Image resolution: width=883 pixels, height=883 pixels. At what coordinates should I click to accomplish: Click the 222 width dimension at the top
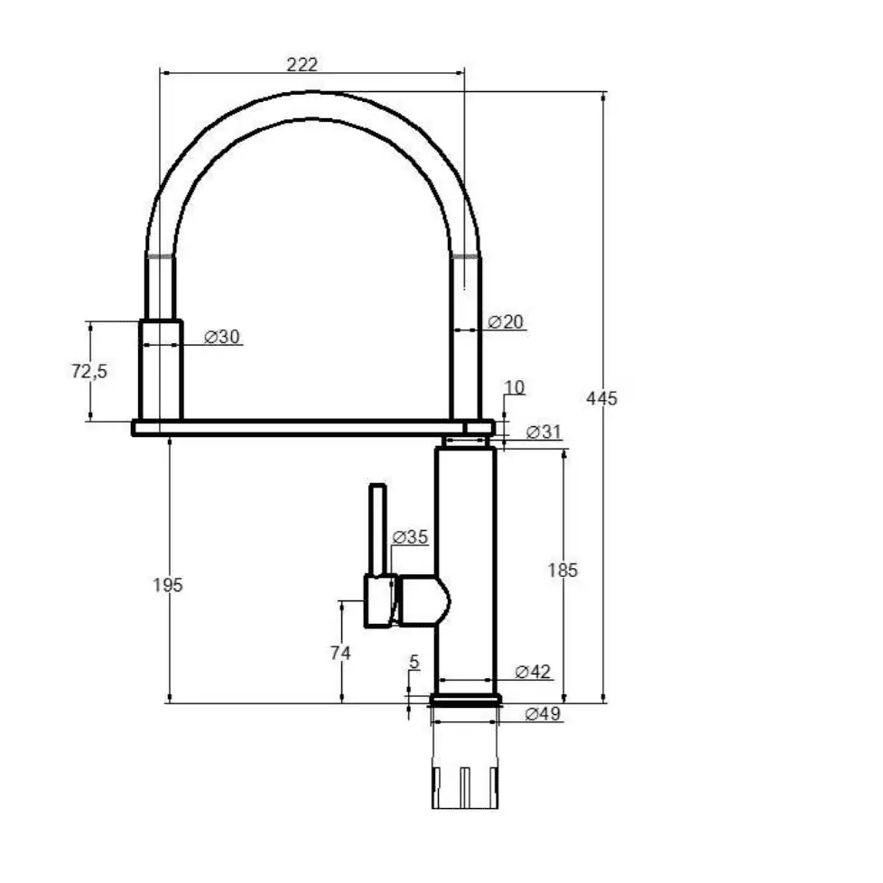302,64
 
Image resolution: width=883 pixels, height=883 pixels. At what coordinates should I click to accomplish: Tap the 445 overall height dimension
601,398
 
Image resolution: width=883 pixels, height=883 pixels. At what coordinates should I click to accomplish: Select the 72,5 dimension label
89,371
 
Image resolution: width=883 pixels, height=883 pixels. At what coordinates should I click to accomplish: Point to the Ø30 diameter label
222,337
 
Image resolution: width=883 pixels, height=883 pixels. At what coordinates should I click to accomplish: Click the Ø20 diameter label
506,322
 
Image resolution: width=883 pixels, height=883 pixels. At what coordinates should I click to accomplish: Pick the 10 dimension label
514,387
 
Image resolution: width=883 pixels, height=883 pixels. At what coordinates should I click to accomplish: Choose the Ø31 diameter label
544,432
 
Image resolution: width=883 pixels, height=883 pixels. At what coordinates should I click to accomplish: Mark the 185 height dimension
562,571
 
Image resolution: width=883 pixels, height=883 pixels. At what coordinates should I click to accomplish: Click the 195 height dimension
168,585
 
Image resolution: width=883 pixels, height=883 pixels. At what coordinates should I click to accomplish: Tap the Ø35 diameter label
410,537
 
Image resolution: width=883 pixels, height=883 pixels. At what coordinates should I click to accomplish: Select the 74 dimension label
340,653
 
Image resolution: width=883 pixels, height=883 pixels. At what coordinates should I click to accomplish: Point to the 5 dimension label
414,662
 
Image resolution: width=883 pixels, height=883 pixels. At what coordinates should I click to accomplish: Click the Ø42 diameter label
533,671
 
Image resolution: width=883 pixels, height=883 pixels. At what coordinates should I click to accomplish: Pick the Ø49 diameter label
543,713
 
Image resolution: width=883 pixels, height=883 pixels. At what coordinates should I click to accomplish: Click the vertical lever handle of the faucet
377,529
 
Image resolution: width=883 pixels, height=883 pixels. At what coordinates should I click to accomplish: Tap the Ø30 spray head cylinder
161,370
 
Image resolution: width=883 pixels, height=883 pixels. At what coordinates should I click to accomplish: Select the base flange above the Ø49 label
465,700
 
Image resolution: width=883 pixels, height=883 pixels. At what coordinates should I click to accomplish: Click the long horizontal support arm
313,428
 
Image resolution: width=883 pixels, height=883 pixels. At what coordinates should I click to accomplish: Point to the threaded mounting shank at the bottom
465,787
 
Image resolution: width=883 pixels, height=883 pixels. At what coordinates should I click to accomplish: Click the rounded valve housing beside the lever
423,600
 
